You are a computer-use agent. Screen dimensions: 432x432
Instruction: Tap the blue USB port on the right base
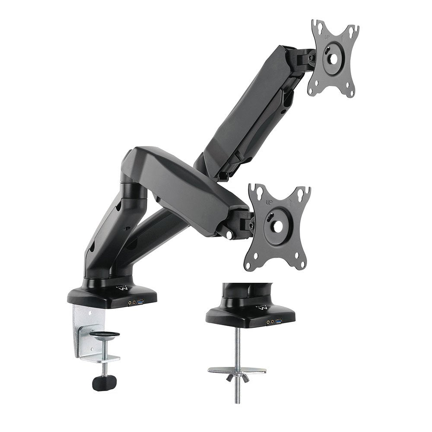280,321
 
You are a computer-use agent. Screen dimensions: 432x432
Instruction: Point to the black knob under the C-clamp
104,382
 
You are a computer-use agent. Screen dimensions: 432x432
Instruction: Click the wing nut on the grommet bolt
237,378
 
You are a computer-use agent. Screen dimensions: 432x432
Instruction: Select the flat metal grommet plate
237,370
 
